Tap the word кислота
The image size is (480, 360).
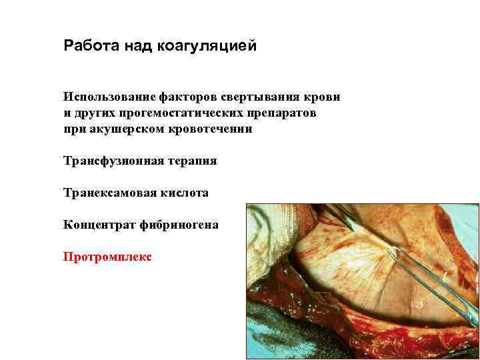183,193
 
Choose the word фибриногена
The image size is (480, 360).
179,225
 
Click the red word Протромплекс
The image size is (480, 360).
107,256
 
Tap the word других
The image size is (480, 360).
93,113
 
